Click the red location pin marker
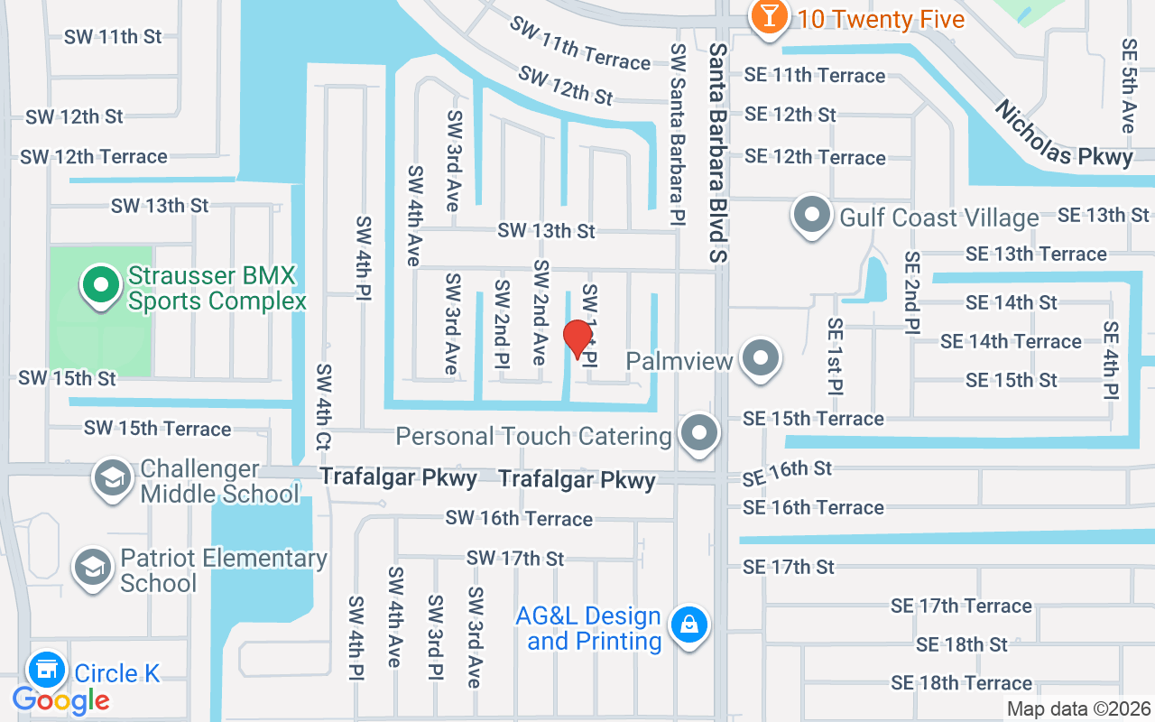577,339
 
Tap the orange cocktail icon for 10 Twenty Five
770,16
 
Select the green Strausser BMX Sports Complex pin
102,286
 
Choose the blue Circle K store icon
47,671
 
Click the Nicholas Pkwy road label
1063,133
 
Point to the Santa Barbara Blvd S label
718,153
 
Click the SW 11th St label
113,37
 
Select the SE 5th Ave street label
1128,85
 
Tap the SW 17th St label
515,559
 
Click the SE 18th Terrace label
961,683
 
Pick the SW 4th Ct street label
323,407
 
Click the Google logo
61,699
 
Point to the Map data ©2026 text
1079,709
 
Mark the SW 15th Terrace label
158,429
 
